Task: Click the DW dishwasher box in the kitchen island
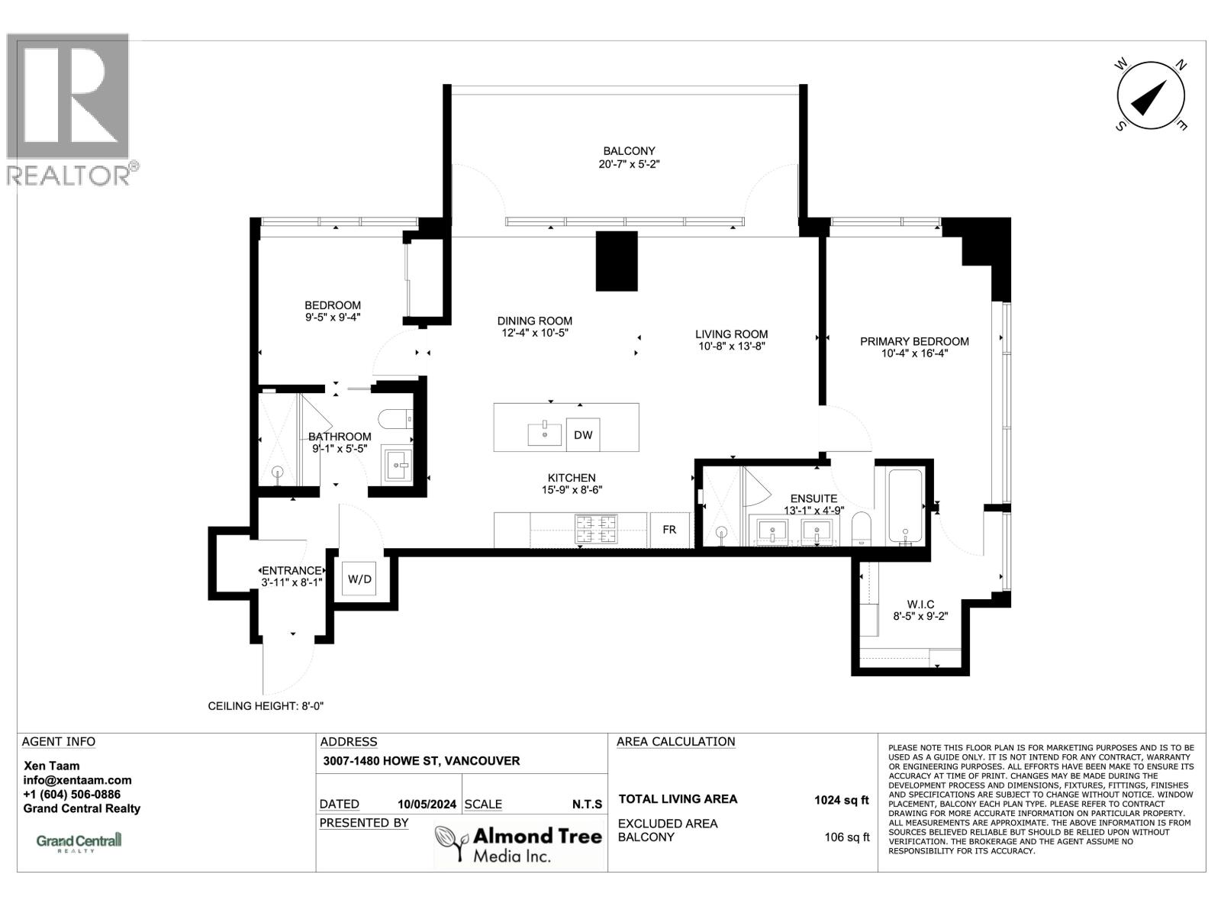[x=583, y=435]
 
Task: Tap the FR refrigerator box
[x=668, y=529]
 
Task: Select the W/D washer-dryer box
[x=359, y=579]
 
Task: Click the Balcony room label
[x=629, y=151]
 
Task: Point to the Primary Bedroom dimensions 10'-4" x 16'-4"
[x=913, y=353]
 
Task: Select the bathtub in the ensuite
[x=905, y=506]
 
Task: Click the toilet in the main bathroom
[x=395, y=419]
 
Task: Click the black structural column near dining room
[x=616, y=260]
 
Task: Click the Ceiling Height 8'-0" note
[x=266, y=706]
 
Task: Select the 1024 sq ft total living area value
[x=841, y=800]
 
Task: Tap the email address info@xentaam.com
[x=77, y=780]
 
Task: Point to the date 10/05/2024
[x=427, y=804]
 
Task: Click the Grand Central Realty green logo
[x=79, y=841]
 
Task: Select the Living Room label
[x=731, y=334]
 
